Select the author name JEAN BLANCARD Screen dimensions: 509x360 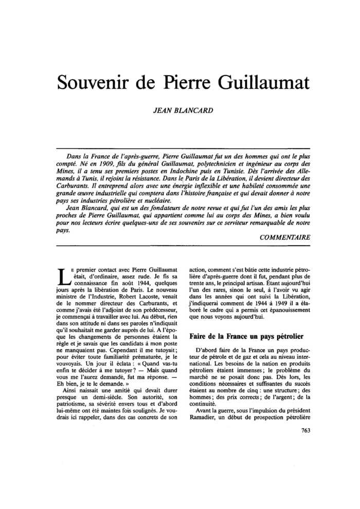180,110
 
